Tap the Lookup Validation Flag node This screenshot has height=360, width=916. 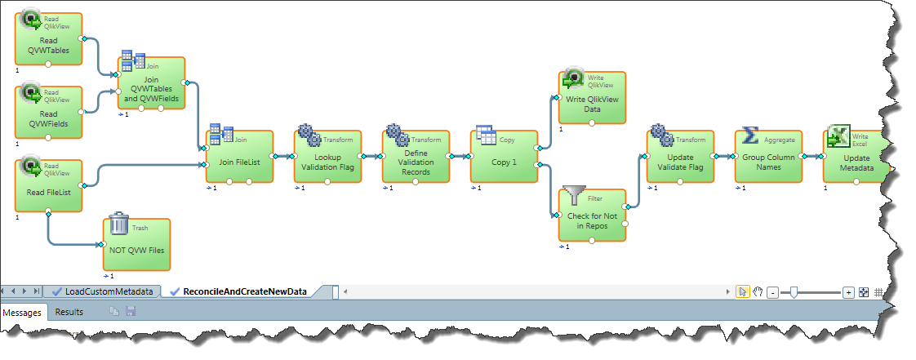click(327, 156)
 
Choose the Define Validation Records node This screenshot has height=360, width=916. click(416, 156)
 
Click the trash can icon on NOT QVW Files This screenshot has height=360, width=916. click(119, 223)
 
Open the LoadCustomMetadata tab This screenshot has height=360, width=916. click(101, 291)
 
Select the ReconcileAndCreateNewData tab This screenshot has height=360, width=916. click(244, 291)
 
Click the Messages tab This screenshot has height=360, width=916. click(24, 312)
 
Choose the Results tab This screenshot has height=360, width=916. click(69, 312)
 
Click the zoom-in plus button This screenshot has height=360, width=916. click(848, 291)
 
